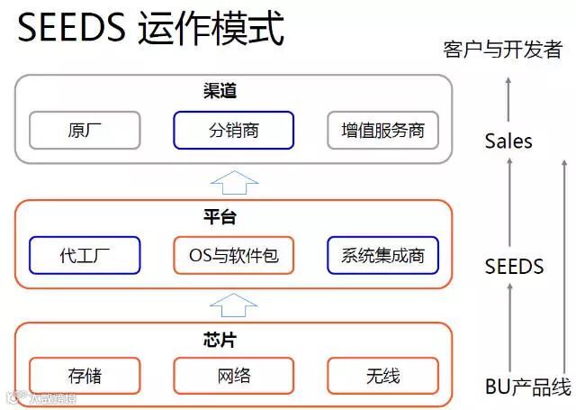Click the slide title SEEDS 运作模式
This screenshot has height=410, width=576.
(151, 30)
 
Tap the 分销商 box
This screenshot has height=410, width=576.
(233, 131)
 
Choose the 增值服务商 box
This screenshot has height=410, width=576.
(382, 131)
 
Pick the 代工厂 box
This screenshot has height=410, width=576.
(85, 256)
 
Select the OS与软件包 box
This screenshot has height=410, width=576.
(233, 256)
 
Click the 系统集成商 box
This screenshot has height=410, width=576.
(382, 256)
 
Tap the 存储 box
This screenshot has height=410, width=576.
(85, 376)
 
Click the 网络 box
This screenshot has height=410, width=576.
(233, 376)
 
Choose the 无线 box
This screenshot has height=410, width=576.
(382, 376)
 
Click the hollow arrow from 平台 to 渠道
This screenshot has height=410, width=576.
(233, 181)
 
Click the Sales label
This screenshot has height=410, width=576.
(508, 141)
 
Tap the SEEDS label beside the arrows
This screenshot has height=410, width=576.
(514, 267)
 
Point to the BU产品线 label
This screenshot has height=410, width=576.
(527, 388)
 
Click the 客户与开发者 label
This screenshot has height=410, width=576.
(502, 50)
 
